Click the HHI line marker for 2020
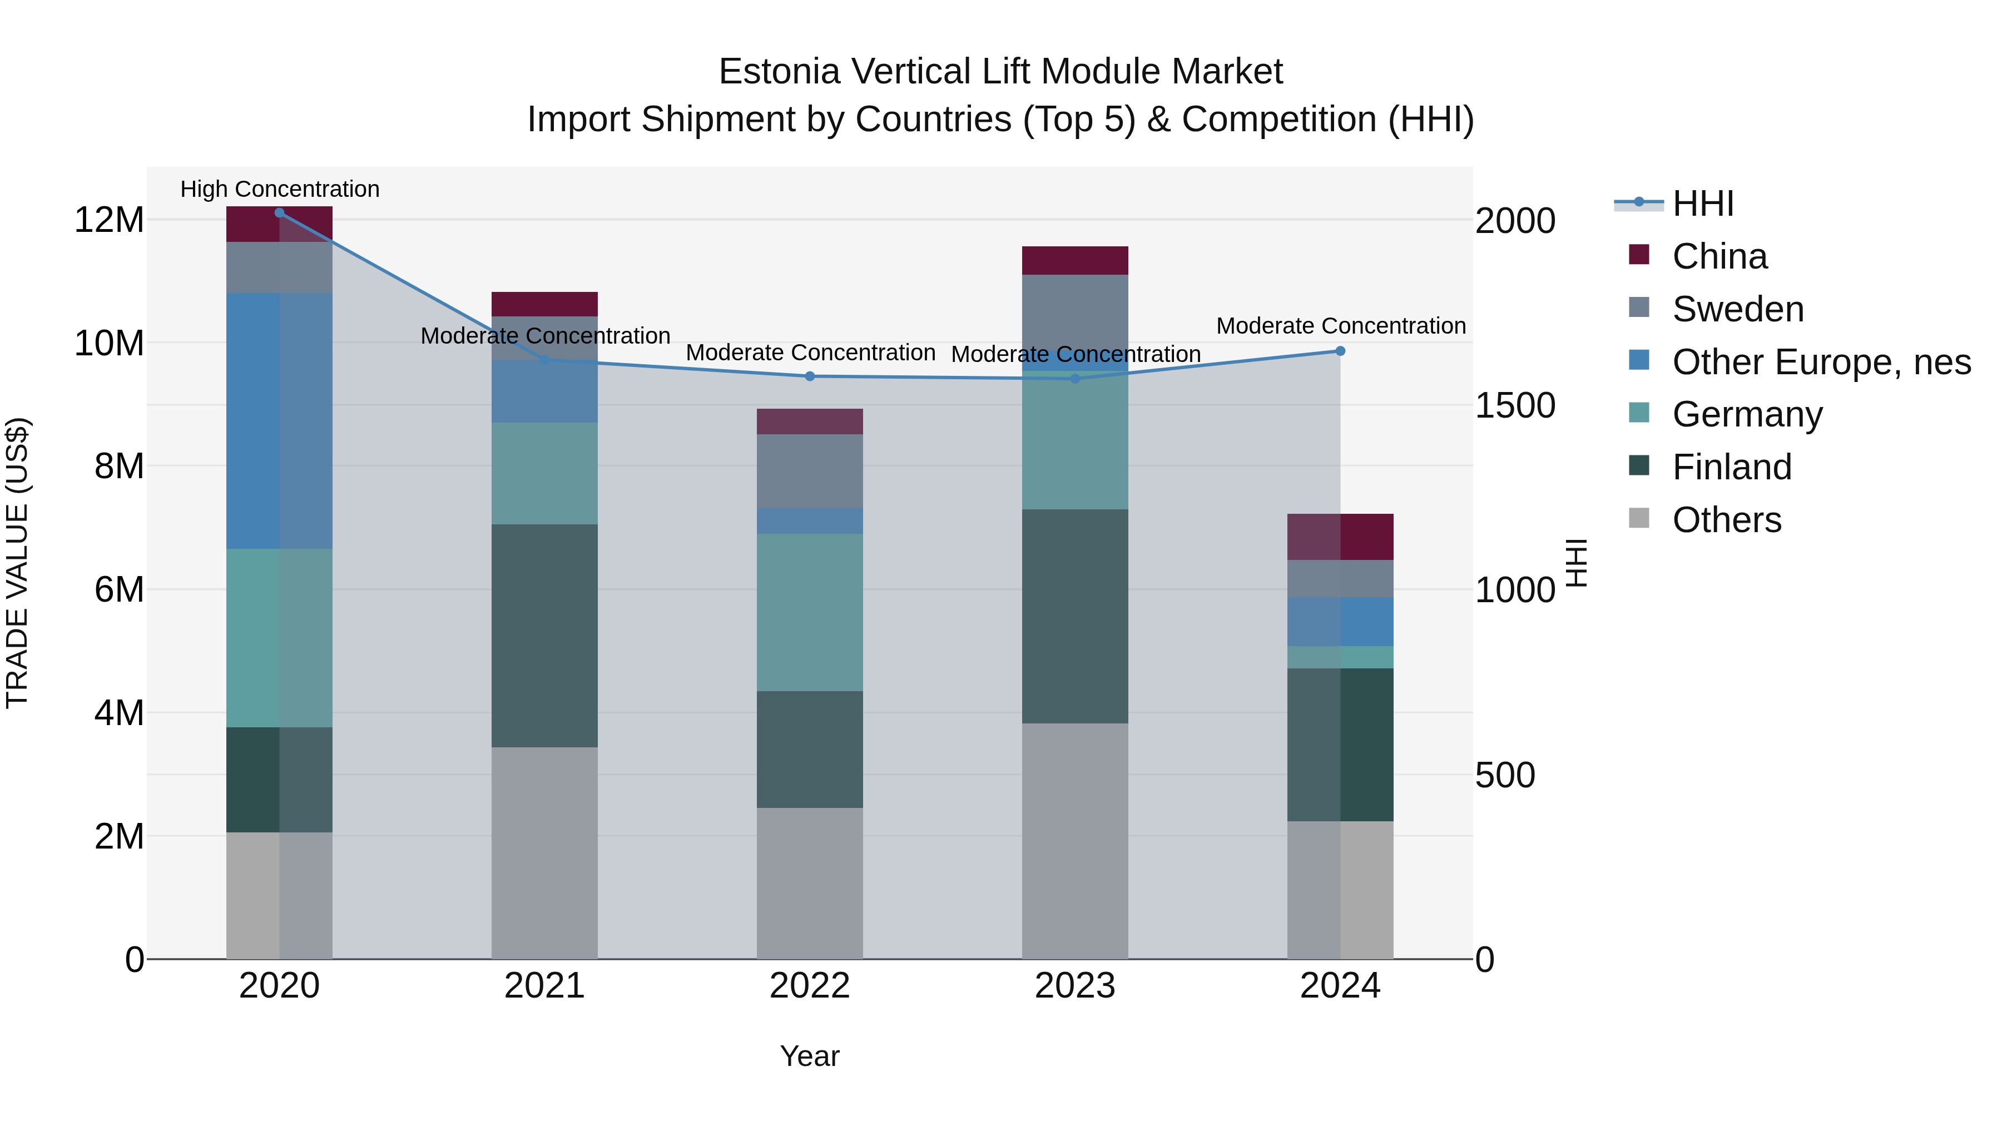pyautogui.click(x=279, y=213)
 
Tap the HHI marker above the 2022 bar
pyautogui.click(x=810, y=376)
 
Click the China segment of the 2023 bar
pyautogui.click(x=1075, y=260)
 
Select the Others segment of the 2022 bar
pyautogui.click(x=810, y=884)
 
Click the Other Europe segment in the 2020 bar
pyautogui.click(x=279, y=421)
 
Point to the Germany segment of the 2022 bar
pyautogui.click(x=810, y=612)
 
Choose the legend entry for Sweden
pyautogui.click(x=1738, y=309)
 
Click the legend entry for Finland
pyautogui.click(x=1732, y=467)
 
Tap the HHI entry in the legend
pyautogui.click(x=1703, y=204)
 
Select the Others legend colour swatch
pyautogui.click(x=1638, y=518)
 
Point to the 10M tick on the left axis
pyautogui.click(x=109, y=343)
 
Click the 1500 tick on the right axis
pyautogui.click(x=1515, y=406)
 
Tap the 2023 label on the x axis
pyautogui.click(x=1075, y=986)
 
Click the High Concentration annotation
pyautogui.click(x=280, y=189)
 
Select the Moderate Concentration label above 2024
pyautogui.click(x=1341, y=326)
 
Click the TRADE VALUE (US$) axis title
pyautogui.click(x=17, y=563)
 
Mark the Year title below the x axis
pyautogui.click(x=810, y=1056)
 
